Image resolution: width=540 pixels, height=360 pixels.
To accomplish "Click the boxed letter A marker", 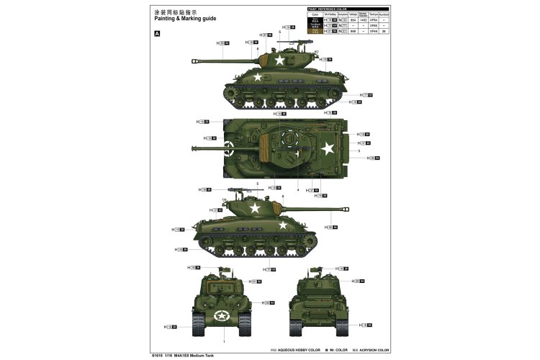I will pos(158,33).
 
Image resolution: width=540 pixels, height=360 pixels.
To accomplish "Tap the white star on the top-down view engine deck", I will pos(327,148).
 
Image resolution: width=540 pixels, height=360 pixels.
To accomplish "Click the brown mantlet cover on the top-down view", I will pos(269,147).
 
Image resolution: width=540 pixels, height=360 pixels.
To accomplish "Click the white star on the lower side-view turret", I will pos(254,207).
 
